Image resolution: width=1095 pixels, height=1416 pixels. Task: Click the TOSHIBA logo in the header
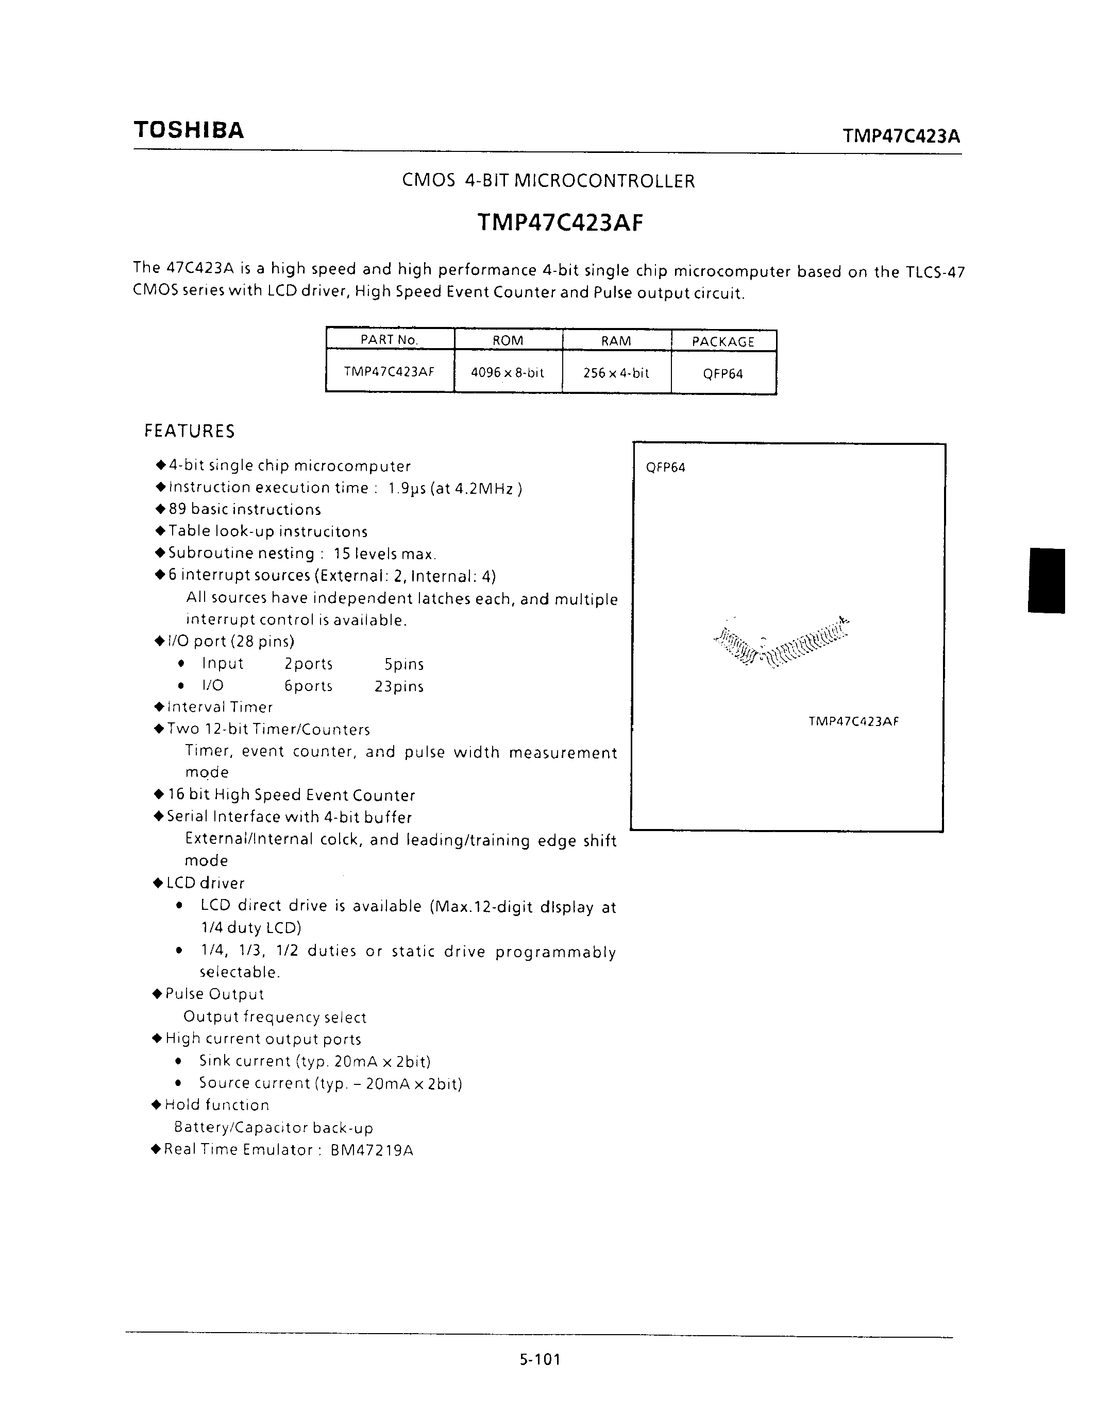click(189, 130)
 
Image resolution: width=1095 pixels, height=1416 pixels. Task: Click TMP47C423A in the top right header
click(901, 136)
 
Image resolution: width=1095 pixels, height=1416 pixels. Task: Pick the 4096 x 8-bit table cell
click(507, 373)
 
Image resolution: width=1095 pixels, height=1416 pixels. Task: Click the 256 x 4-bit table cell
click(616, 373)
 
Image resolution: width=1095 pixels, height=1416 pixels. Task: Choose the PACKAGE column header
click(722, 342)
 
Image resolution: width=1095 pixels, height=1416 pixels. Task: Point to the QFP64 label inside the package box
click(666, 468)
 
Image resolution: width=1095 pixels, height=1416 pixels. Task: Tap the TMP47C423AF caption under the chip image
click(853, 721)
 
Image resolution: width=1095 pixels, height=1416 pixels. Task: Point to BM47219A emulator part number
click(372, 1150)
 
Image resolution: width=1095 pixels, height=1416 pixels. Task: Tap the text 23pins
click(399, 686)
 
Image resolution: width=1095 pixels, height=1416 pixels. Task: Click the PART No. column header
click(389, 340)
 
